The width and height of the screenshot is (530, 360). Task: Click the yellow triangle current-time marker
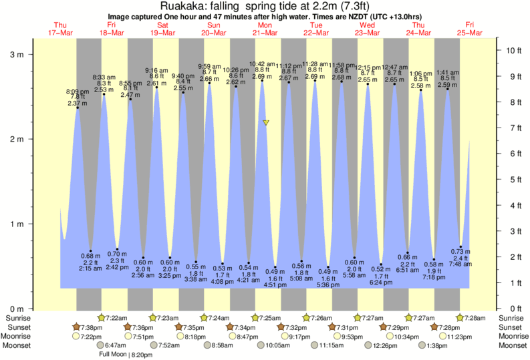[266, 123]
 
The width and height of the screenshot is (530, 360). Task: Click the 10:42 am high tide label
[262, 64]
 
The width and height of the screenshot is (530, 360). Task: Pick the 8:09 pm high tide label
[77, 91]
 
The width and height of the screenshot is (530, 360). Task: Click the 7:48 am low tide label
[460, 264]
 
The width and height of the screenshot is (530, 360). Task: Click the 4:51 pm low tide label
[275, 284]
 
